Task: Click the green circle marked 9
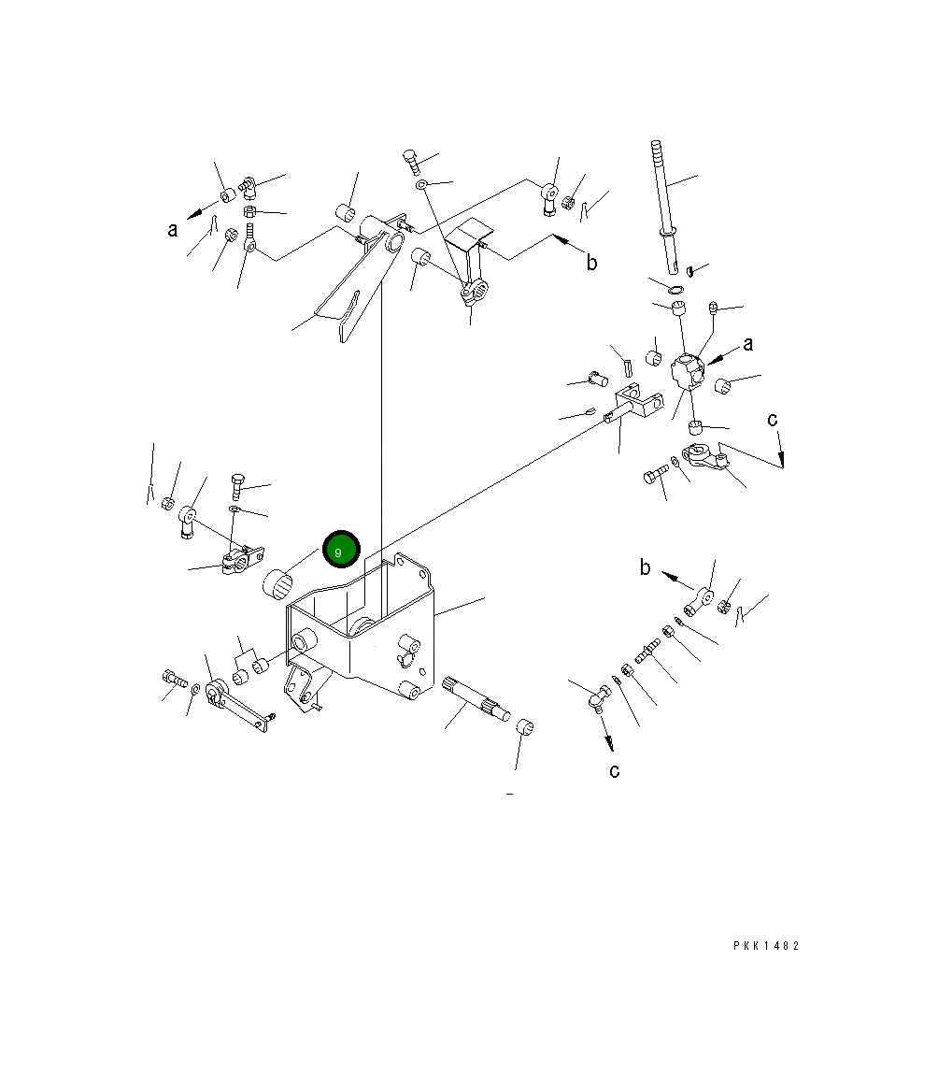[341, 549]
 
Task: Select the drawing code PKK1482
[766, 945]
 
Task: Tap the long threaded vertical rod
[664, 208]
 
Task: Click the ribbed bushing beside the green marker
[277, 582]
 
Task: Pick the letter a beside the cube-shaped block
[747, 344]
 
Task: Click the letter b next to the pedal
[591, 262]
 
